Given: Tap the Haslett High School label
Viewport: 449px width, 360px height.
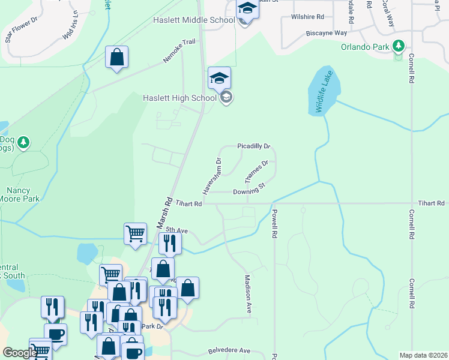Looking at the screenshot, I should [x=179, y=98].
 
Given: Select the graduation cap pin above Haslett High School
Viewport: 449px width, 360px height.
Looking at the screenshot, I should [x=220, y=78].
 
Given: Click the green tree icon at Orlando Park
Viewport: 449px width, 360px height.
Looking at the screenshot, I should [x=397, y=46].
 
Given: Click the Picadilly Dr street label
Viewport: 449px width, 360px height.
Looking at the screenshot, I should [x=254, y=146].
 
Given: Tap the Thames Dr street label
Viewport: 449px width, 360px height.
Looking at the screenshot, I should [x=255, y=172].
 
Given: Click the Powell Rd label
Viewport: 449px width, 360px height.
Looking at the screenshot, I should [x=275, y=222].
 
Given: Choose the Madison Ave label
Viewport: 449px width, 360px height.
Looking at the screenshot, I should [x=247, y=292].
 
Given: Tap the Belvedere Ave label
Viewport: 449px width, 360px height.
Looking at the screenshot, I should [x=229, y=350].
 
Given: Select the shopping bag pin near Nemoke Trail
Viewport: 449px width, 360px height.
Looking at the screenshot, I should [x=116, y=58].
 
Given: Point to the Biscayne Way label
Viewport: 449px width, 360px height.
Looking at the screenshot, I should [x=327, y=33].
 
